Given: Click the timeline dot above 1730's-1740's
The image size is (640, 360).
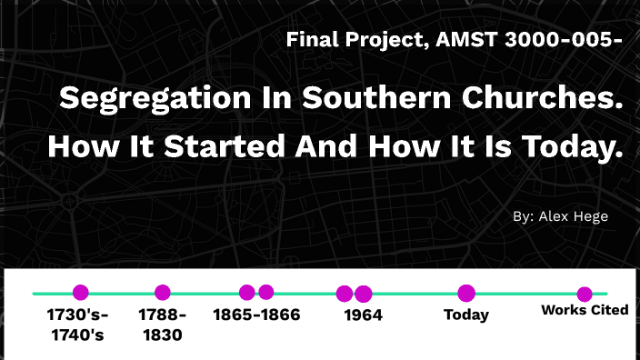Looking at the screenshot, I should click(81, 293).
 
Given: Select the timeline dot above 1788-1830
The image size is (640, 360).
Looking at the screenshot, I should click(163, 293).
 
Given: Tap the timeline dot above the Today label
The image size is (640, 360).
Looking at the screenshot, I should click(466, 293).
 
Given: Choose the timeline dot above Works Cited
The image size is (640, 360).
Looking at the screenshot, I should click(585, 294).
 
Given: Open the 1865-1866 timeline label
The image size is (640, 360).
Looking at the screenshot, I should click(256, 315).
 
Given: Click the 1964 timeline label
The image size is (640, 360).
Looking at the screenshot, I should click(364, 315).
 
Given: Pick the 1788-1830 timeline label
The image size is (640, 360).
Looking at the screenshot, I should click(162, 325).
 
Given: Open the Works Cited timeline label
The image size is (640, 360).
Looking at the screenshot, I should click(585, 310).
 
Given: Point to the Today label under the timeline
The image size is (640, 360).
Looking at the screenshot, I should click(466, 315).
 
